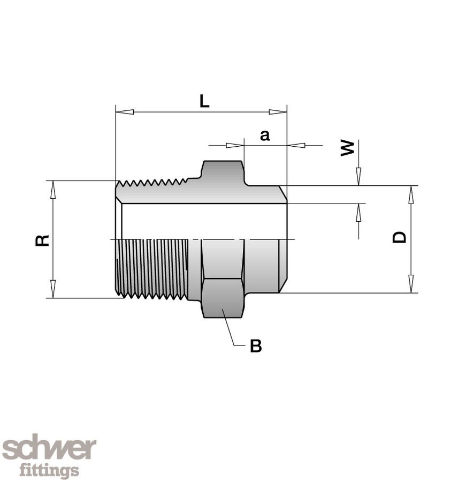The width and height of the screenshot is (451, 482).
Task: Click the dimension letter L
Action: click(x=204, y=101)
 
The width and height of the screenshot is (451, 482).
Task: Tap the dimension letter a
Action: click(x=265, y=135)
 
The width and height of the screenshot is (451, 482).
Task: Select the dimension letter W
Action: click(x=348, y=148)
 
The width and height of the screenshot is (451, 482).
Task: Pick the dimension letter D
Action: click(x=399, y=237)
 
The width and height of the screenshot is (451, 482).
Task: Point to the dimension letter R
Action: click(x=42, y=240)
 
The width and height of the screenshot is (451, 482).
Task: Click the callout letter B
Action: click(x=256, y=347)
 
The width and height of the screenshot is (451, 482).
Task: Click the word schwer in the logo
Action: click(x=49, y=448)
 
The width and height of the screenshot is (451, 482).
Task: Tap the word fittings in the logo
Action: click(x=49, y=471)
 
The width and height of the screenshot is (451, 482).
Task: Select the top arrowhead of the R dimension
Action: click(x=52, y=189)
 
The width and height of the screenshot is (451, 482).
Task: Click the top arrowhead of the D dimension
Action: click(x=411, y=195)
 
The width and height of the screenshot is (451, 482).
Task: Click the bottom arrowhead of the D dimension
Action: click(x=411, y=284)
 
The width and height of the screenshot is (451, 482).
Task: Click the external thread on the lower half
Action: click(x=152, y=268)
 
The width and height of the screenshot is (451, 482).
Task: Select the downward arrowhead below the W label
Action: click(x=358, y=176)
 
